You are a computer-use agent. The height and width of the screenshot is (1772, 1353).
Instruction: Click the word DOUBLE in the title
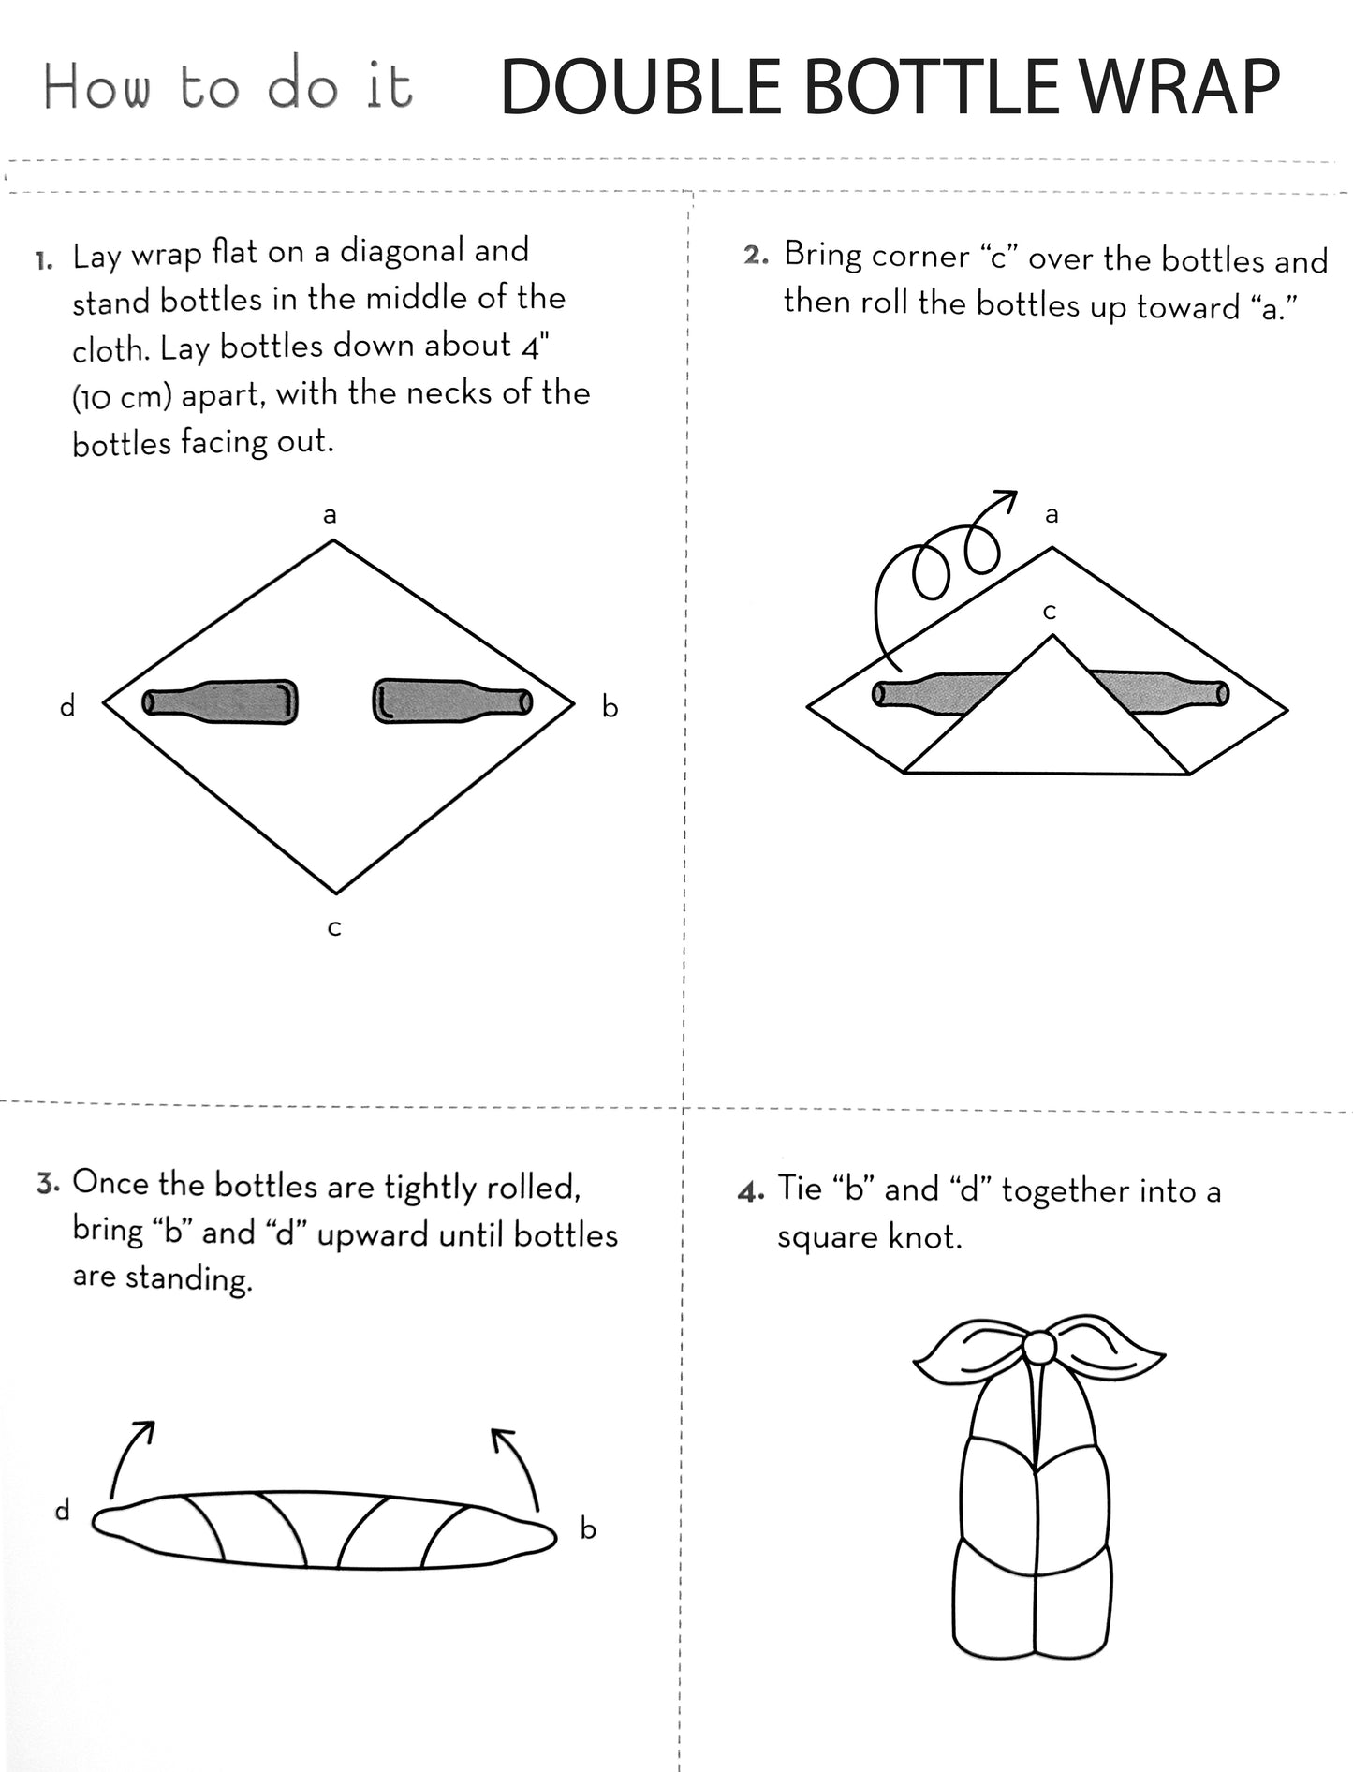pyautogui.click(x=640, y=87)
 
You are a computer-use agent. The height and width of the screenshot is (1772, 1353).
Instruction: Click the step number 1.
pyautogui.click(x=44, y=260)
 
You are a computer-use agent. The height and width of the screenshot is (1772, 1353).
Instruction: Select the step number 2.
pyautogui.click(x=756, y=257)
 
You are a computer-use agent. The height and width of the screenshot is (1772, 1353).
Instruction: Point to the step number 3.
pyautogui.click(x=49, y=1184)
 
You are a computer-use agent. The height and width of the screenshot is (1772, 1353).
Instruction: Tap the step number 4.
pyautogui.click(x=751, y=1192)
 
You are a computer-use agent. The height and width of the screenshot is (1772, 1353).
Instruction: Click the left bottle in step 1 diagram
pyautogui.click(x=220, y=701)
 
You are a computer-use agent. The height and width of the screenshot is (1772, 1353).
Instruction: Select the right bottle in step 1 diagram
pyautogui.click(x=452, y=701)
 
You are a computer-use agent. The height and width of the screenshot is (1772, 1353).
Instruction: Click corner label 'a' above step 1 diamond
pyautogui.click(x=330, y=515)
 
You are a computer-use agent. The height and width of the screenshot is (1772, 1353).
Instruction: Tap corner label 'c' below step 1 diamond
pyautogui.click(x=334, y=928)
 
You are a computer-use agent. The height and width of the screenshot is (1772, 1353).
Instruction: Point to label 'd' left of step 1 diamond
pyautogui.click(x=67, y=706)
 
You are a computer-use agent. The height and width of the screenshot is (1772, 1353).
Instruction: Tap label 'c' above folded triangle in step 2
pyautogui.click(x=1050, y=612)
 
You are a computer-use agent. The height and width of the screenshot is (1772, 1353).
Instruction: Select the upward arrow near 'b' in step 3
pyautogui.click(x=518, y=1469)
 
